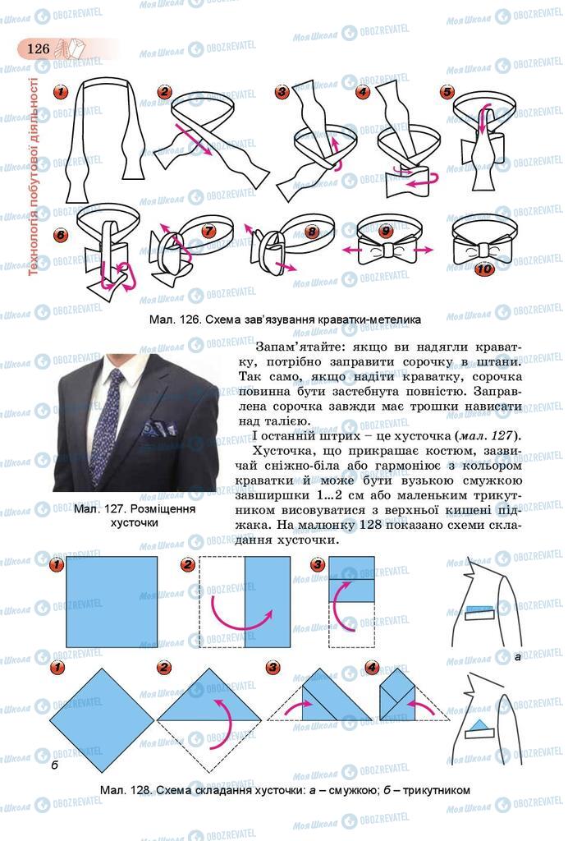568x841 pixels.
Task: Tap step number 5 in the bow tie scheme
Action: tap(447, 93)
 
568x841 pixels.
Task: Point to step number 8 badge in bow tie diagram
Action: tap(312, 232)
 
